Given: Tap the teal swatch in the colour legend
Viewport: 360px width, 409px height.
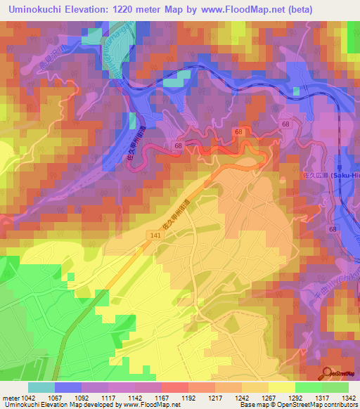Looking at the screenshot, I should (41, 387).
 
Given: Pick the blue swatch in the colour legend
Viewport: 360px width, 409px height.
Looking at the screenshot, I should (68, 387).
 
